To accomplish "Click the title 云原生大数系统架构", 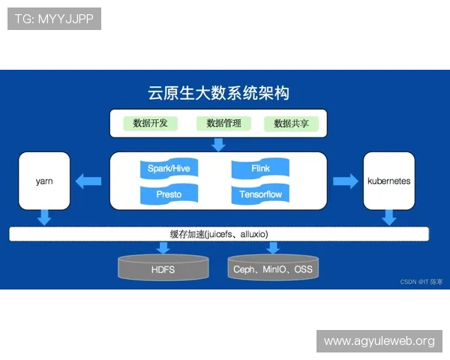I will [x=218, y=93].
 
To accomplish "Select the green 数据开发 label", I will [x=150, y=124].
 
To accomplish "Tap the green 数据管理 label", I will [x=223, y=124].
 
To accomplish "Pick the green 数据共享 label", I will [x=291, y=124].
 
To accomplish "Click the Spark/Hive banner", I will [x=169, y=169].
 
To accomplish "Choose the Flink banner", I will [x=260, y=169].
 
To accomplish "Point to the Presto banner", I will [x=169, y=194].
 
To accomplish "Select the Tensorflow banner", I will [x=260, y=194].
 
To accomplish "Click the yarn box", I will [x=44, y=181].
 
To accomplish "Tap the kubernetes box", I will [x=388, y=181].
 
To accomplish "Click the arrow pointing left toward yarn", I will [x=90, y=181].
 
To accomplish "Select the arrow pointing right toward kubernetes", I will [x=345, y=181].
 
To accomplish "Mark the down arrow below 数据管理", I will [x=218, y=144].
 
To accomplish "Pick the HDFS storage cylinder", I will [x=163, y=268].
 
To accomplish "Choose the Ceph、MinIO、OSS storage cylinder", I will [x=272, y=268].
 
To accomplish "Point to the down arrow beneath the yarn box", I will [x=44, y=217].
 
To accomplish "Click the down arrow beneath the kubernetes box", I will [x=388, y=217].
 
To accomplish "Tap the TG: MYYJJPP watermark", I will [x=54, y=19].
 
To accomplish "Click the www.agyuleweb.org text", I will [x=379, y=341].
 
